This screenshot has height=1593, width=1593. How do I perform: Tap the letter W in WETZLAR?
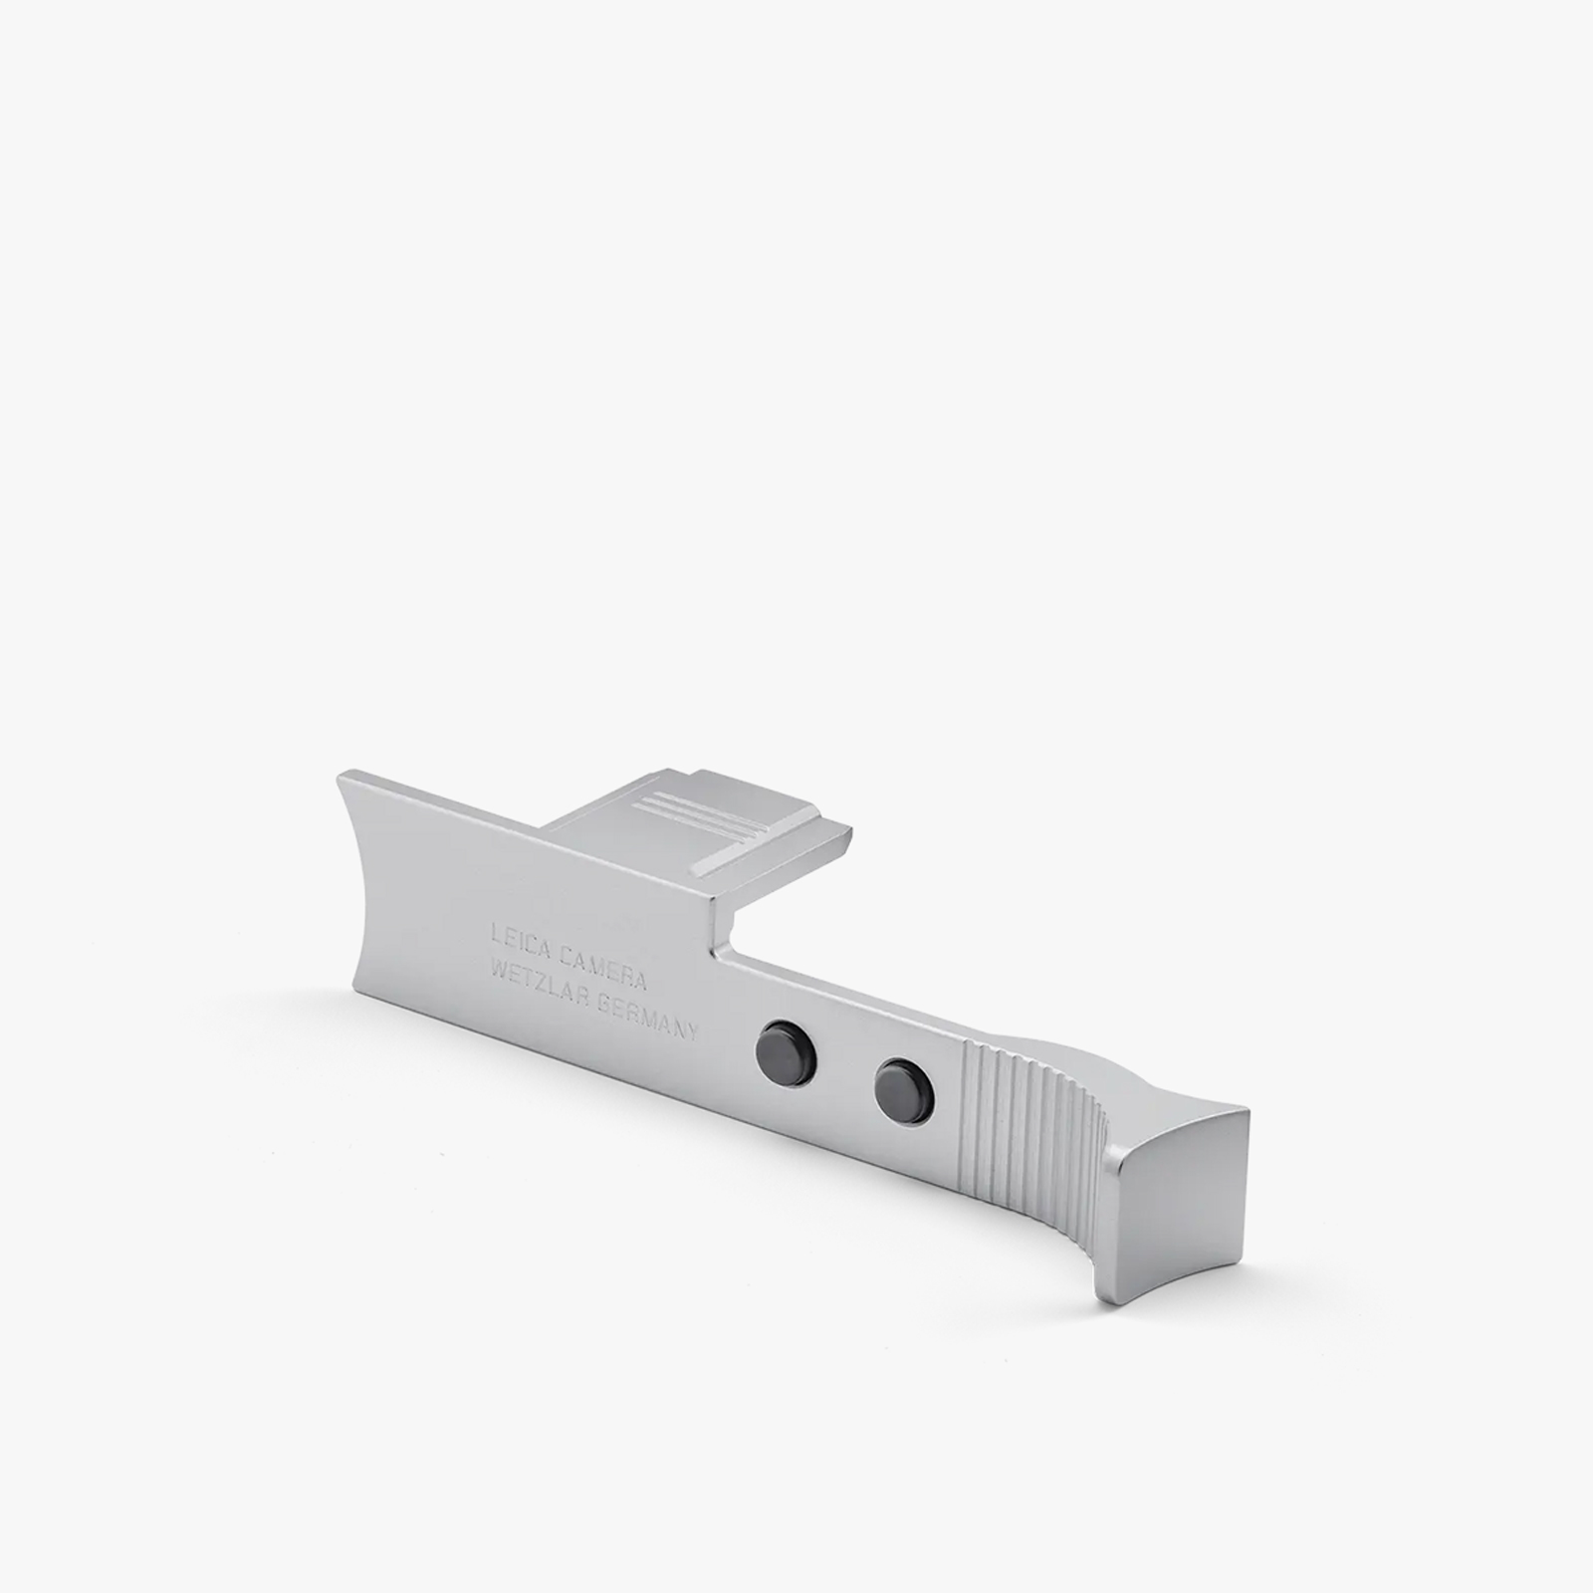pos(494,971)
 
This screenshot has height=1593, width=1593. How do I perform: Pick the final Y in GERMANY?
pos(695,1031)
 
